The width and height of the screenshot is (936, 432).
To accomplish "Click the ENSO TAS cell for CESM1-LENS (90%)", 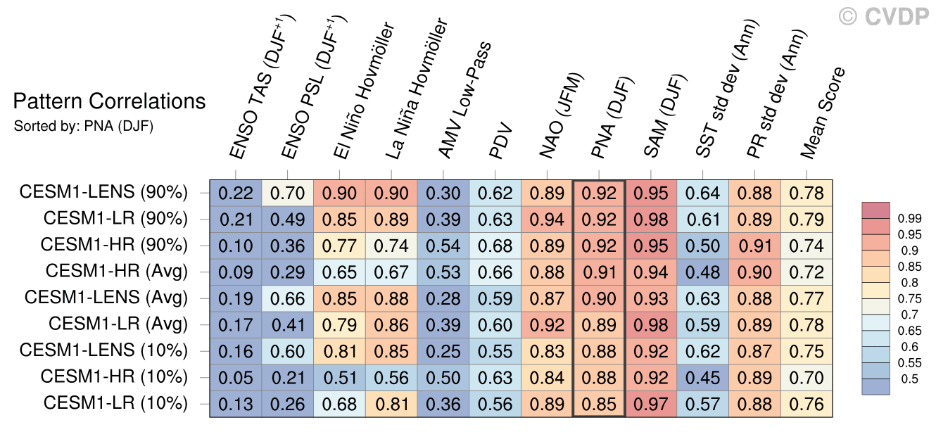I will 236,193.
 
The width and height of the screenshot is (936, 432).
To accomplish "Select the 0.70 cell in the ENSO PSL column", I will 288,193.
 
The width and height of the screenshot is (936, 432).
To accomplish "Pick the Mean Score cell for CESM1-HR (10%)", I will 807,376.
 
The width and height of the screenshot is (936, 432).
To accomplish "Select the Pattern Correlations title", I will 110,102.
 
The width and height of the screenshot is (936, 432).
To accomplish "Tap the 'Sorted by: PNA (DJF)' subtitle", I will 84,127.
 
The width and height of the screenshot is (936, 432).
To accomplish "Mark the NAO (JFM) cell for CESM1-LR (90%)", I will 547,219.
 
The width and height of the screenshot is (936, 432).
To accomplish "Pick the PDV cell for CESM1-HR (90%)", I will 495,246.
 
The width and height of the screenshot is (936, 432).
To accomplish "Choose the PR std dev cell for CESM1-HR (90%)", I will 754,246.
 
